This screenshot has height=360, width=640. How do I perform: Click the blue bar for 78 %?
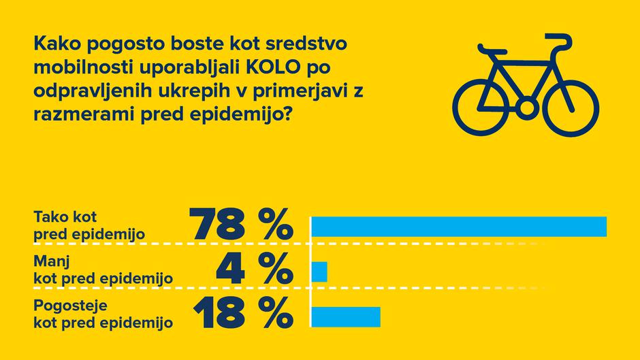[459, 227]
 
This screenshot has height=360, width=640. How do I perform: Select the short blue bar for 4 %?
[319, 272]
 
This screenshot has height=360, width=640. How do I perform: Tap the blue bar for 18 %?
[346, 316]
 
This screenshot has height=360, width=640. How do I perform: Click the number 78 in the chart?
[217, 224]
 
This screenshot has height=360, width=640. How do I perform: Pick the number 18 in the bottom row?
[217, 314]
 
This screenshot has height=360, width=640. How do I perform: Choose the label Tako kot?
[66, 218]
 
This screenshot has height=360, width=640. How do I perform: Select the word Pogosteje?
[69, 306]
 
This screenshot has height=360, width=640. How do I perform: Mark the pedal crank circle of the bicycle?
[526, 108]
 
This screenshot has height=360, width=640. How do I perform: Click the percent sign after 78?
[274, 224]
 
